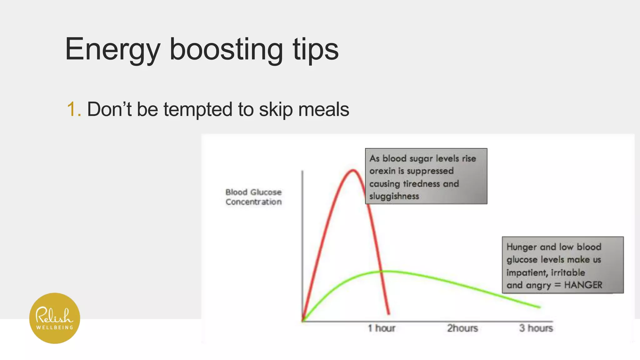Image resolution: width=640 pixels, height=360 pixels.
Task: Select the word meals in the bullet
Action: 323,109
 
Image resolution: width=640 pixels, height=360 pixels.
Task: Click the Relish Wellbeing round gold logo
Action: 55,318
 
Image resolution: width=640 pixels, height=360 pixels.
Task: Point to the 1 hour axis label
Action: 381,328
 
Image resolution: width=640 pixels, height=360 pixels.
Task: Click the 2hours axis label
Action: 462,328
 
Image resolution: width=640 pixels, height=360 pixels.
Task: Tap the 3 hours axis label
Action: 536,328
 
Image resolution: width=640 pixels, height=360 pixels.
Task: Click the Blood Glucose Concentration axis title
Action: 253,197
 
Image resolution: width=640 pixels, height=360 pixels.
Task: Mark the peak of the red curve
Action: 353,170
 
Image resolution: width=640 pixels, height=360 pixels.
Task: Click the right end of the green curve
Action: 539,307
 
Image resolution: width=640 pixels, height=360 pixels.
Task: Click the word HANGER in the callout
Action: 583,285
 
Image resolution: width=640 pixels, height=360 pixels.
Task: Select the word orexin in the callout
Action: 382,171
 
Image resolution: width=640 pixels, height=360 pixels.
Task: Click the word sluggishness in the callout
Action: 394,197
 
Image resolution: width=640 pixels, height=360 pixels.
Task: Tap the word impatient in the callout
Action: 527,272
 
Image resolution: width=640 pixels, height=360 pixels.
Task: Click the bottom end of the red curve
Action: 389,313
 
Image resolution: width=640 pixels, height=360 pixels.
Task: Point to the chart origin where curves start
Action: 302,321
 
